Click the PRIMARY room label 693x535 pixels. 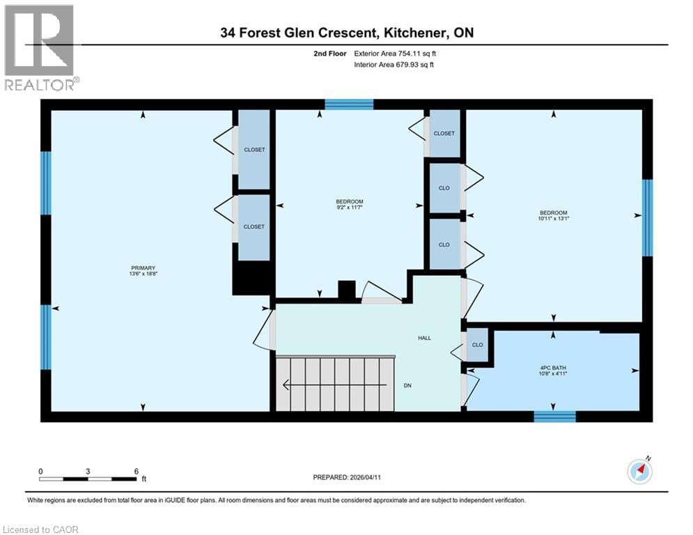point(142,267)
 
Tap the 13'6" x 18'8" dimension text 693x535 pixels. point(142,274)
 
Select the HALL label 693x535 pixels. point(424,338)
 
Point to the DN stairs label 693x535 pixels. point(408,385)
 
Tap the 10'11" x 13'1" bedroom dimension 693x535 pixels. point(554,219)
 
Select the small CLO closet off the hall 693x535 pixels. point(477,345)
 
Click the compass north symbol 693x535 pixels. point(639,471)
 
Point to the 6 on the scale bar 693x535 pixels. point(136,471)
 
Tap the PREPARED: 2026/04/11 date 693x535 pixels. point(353,477)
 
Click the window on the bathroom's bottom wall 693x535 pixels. point(554,416)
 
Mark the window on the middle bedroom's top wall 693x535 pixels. point(349,104)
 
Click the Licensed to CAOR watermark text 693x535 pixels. point(41,529)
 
